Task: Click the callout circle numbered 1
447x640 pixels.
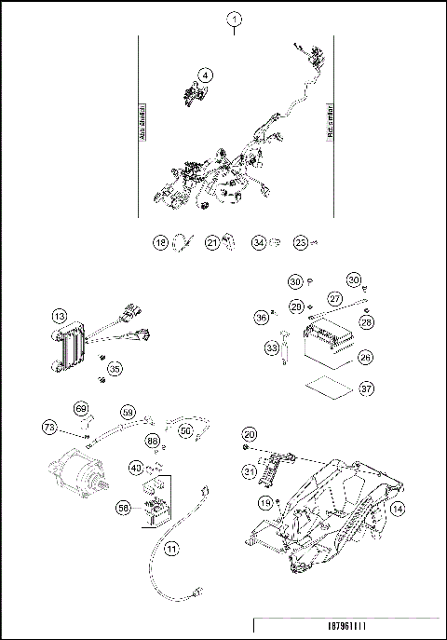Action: pyautogui.click(x=235, y=19)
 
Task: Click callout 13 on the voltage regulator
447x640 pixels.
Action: pyautogui.click(x=59, y=318)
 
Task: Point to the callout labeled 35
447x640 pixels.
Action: pyautogui.click(x=115, y=369)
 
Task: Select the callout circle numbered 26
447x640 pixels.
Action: pyautogui.click(x=365, y=355)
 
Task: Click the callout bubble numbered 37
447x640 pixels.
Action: pyautogui.click(x=365, y=388)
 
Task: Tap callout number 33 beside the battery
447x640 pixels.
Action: pyautogui.click(x=272, y=348)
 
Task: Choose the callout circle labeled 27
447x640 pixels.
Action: pyautogui.click(x=333, y=298)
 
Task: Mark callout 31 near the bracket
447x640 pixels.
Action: pyautogui.click(x=250, y=472)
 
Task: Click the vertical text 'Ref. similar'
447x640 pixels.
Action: pyautogui.click(x=330, y=121)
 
